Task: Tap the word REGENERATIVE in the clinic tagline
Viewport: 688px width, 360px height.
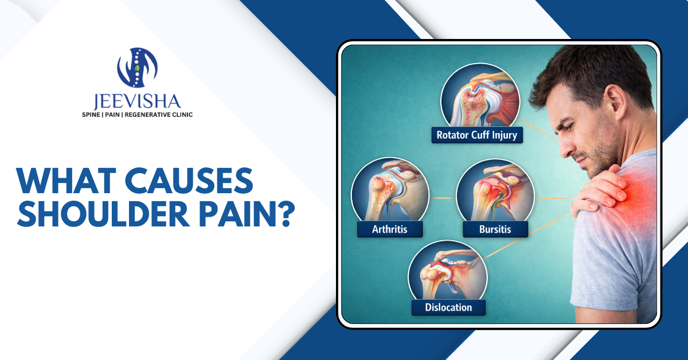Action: (153, 115)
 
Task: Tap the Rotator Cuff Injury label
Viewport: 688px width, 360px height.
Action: (476, 136)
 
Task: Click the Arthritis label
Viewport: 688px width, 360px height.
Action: (390, 230)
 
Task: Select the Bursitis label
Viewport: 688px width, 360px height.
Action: (495, 230)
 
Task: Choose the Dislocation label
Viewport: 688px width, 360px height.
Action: (448, 307)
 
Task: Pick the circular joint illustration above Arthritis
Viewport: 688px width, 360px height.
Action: (390, 192)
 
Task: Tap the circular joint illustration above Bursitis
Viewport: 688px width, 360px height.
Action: (495, 192)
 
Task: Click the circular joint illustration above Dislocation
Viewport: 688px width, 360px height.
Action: (448, 272)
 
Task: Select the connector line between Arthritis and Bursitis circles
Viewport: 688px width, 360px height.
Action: (442, 198)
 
